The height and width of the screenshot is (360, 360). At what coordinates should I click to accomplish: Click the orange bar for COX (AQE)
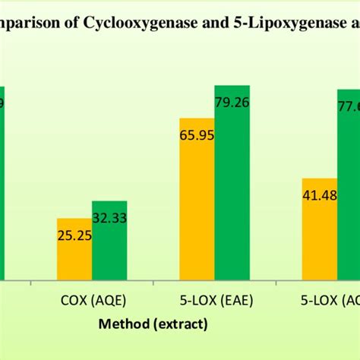point(74,250)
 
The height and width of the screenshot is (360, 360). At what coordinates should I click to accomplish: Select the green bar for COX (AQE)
point(109,242)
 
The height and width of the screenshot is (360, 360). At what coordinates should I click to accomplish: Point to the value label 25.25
point(74,235)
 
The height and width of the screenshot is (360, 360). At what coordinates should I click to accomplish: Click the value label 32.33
point(109,217)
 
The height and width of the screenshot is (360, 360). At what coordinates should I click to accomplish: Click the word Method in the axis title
point(124,325)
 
